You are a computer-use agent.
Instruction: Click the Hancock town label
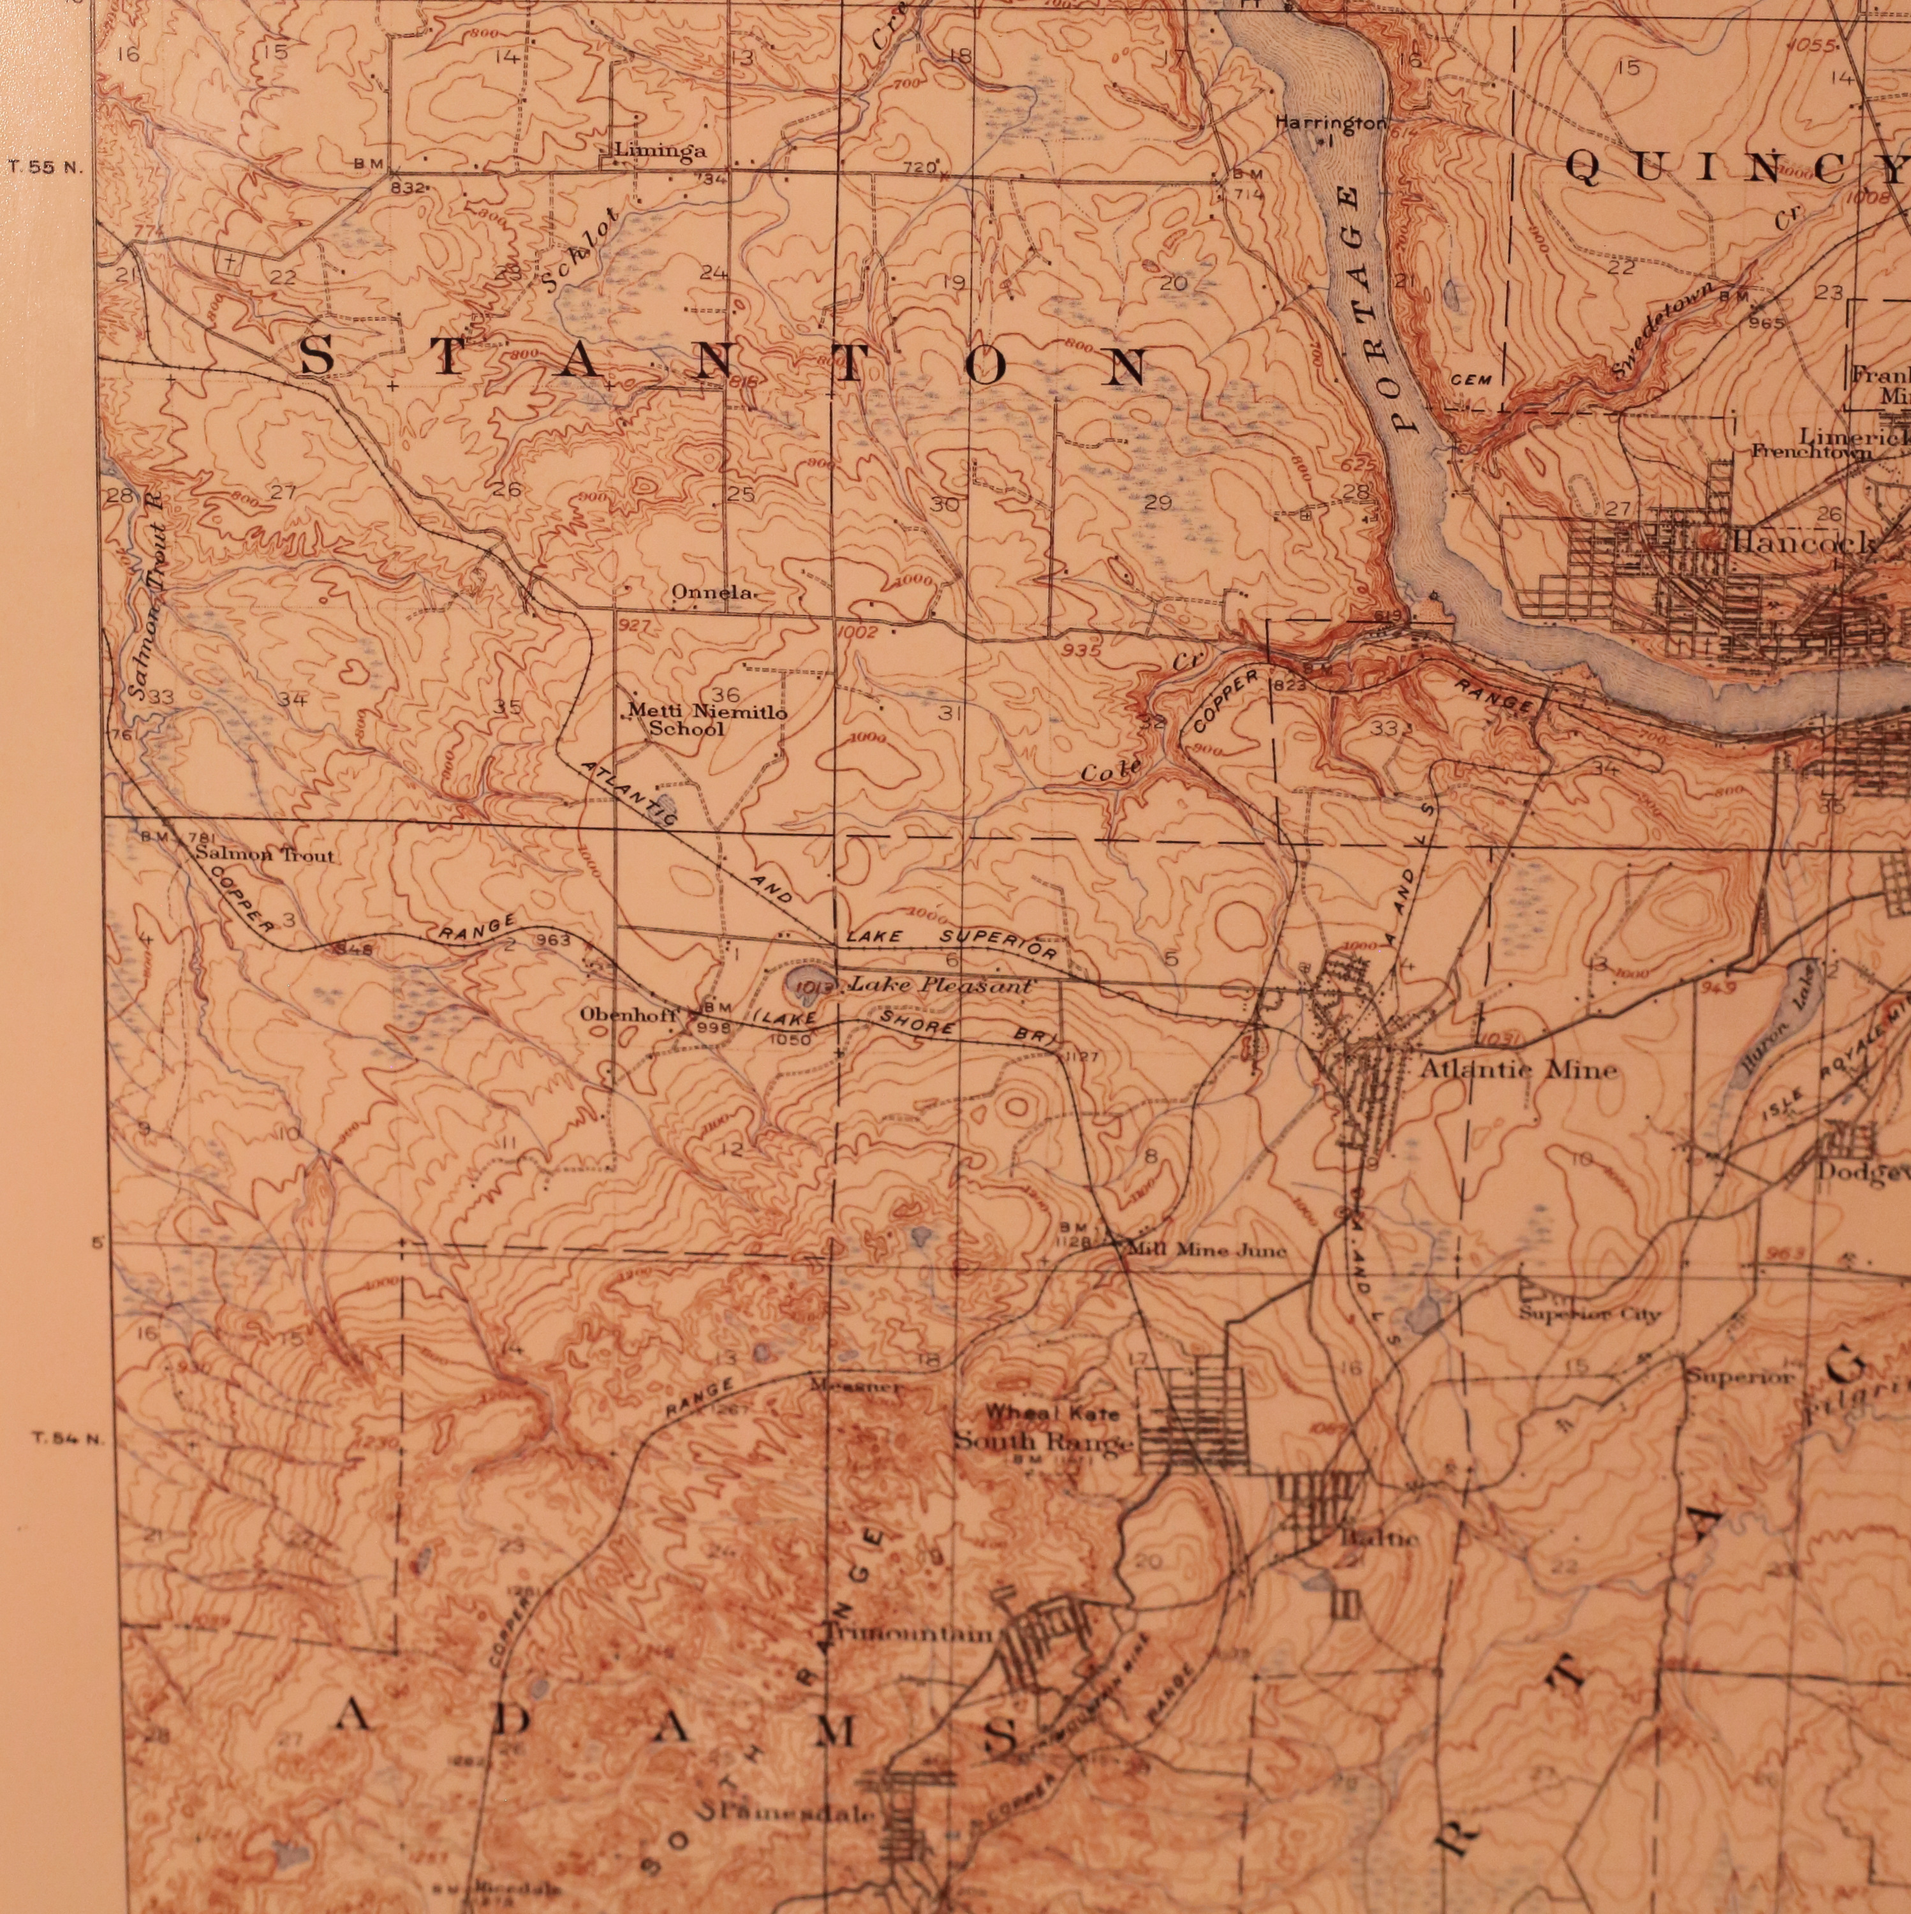[x=1803, y=543]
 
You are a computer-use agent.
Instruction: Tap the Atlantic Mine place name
[x=1517, y=1069]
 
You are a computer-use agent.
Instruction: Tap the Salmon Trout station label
[x=265, y=854]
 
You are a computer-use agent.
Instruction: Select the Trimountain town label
[x=906, y=1635]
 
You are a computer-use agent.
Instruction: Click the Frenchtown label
[x=1811, y=453]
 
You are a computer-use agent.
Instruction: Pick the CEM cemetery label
[x=1471, y=380]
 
